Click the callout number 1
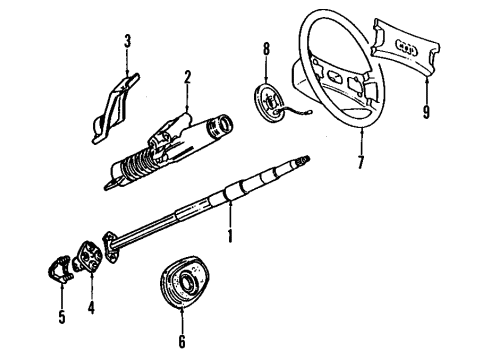pyautogui.click(x=230, y=236)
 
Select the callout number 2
pyautogui.click(x=187, y=77)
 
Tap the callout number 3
pyautogui.click(x=127, y=41)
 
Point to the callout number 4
pyautogui.click(x=91, y=307)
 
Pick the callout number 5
pyautogui.click(x=62, y=316)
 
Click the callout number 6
pyautogui.click(x=182, y=341)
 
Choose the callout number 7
pyautogui.click(x=361, y=162)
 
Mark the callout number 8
pyautogui.click(x=266, y=49)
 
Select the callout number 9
pyautogui.click(x=426, y=111)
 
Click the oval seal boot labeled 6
pyautogui.click(x=184, y=282)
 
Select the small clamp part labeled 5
pyautogui.click(x=60, y=269)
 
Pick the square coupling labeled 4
pyautogui.click(x=87, y=256)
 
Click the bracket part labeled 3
pyautogui.click(x=115, y=108)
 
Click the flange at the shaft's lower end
pyautogui.click(x=111, y=247)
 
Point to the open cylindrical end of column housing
pyautogui.click(x=220, y=125)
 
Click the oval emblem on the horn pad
pyautogui.click(x=406, y=48)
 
